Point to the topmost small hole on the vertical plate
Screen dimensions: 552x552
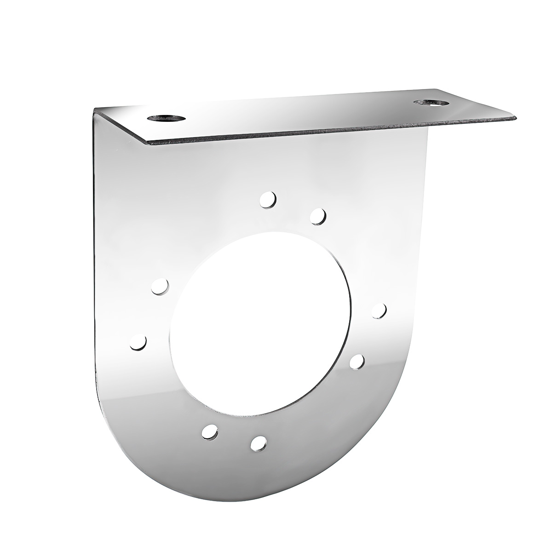[268, 200]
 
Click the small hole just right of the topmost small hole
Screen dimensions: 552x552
[318, 216]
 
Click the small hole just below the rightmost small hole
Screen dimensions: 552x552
[357, 362]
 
